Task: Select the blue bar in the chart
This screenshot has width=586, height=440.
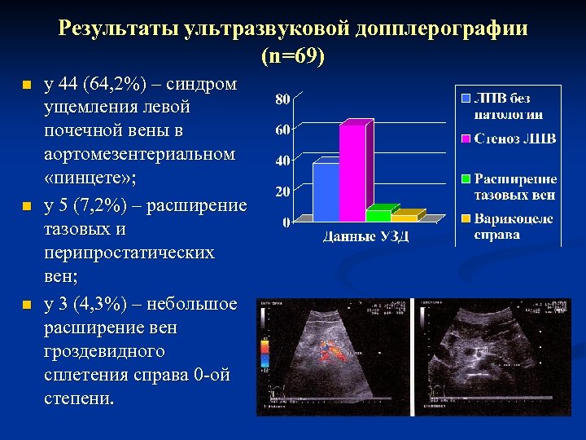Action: click(x=325, y=191)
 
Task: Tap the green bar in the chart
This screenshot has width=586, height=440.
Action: click(x=378, y=215)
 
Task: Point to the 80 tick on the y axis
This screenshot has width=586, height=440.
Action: click(x=281, y=99)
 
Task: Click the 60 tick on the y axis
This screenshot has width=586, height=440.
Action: click(x=281, y=130)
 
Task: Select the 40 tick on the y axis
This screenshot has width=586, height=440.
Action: click(x=281, y=161)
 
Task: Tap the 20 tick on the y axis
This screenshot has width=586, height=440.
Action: click(x=281, y=192)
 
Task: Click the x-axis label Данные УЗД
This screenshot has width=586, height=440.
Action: click(x=365, y=237)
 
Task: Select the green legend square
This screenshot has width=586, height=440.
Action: click(x=466, y=178)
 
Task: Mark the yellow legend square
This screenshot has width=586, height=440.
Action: click(x=466, y=218)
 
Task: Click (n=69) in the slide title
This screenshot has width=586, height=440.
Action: click(x=293, y=58)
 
